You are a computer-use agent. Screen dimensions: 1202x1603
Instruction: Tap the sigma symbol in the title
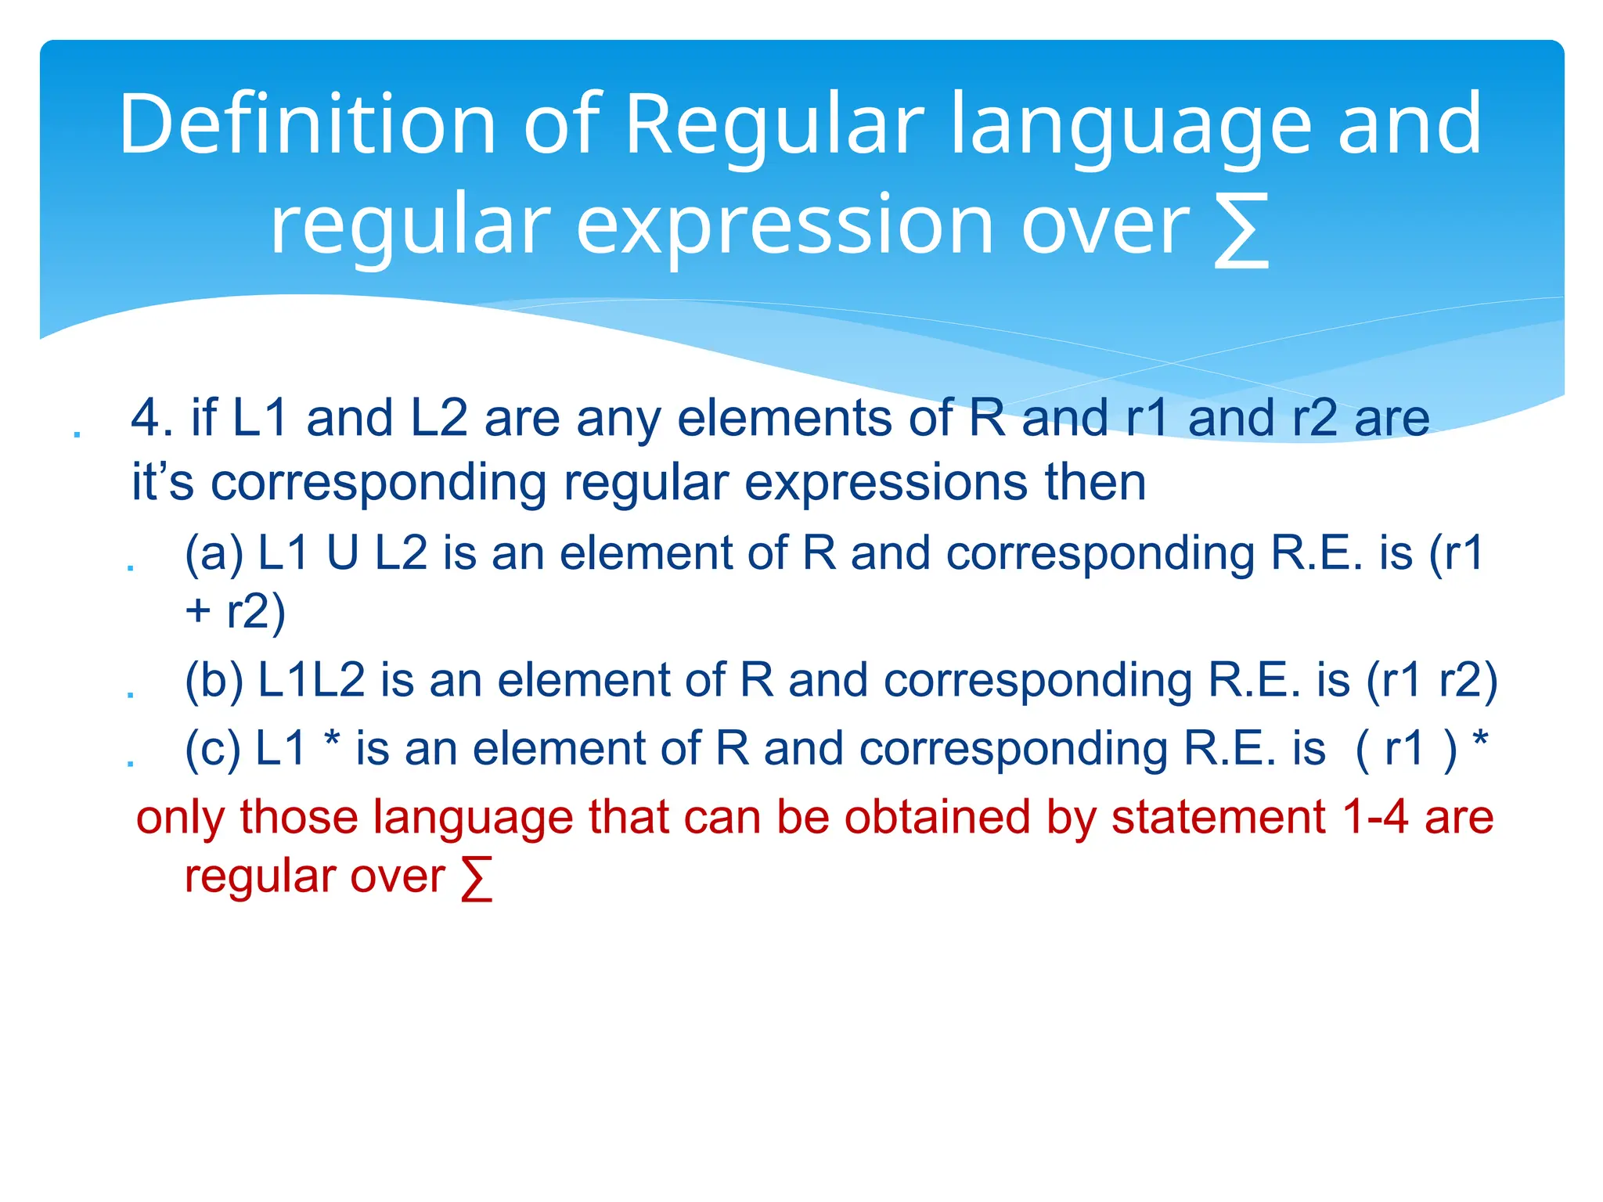(x=1241, y=232)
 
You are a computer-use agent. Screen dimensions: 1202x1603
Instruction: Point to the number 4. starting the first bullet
(x=152, y=418)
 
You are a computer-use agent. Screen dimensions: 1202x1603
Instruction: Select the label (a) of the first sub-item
(x=214, y=554)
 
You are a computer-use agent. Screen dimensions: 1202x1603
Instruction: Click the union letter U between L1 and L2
(x=343, y=554)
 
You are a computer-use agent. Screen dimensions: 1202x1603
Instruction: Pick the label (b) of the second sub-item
(x=214, y=680)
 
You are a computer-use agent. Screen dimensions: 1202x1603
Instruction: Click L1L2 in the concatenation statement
(x=312, y=680)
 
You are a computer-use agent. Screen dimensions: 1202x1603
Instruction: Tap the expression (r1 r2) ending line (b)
(x=1432, y=680)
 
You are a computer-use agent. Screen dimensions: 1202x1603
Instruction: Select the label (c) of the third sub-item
(x=212, y=749)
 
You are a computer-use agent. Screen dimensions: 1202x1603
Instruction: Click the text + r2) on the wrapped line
(x=236, y=612)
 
